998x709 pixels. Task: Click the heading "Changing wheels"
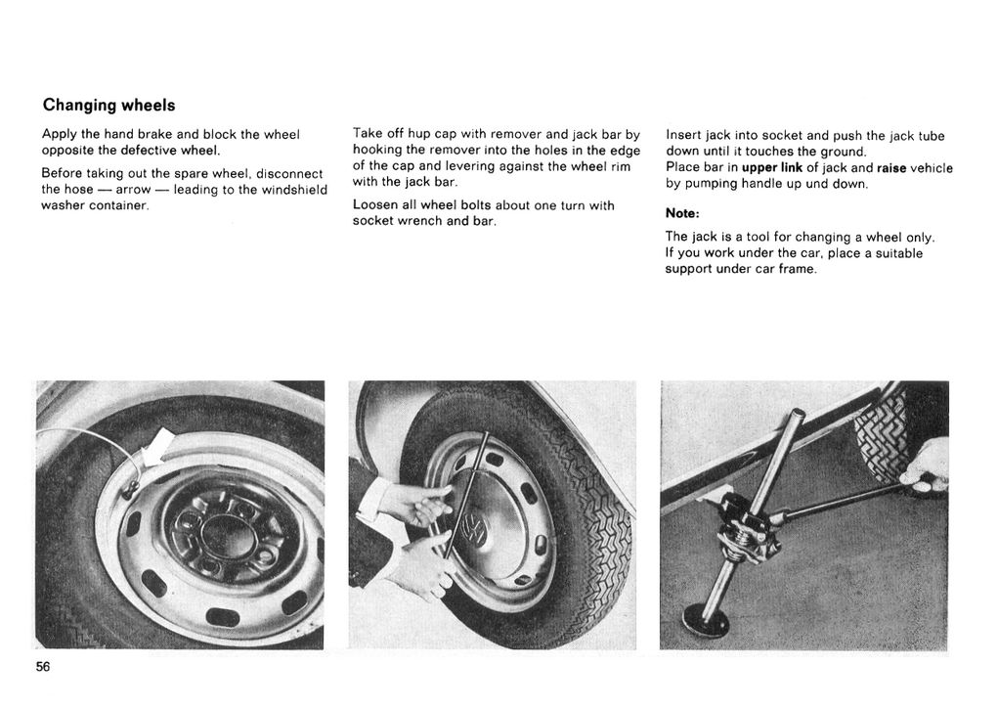(x=108, y=105)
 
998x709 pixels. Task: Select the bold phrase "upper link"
(x=771, y=167)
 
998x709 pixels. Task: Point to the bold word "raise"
(x=891, y=167)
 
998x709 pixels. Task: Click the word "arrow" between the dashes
(x=133, y=189)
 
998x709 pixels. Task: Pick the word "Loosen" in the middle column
(x=374, y=204)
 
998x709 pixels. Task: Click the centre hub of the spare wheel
(x=228, y=534)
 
